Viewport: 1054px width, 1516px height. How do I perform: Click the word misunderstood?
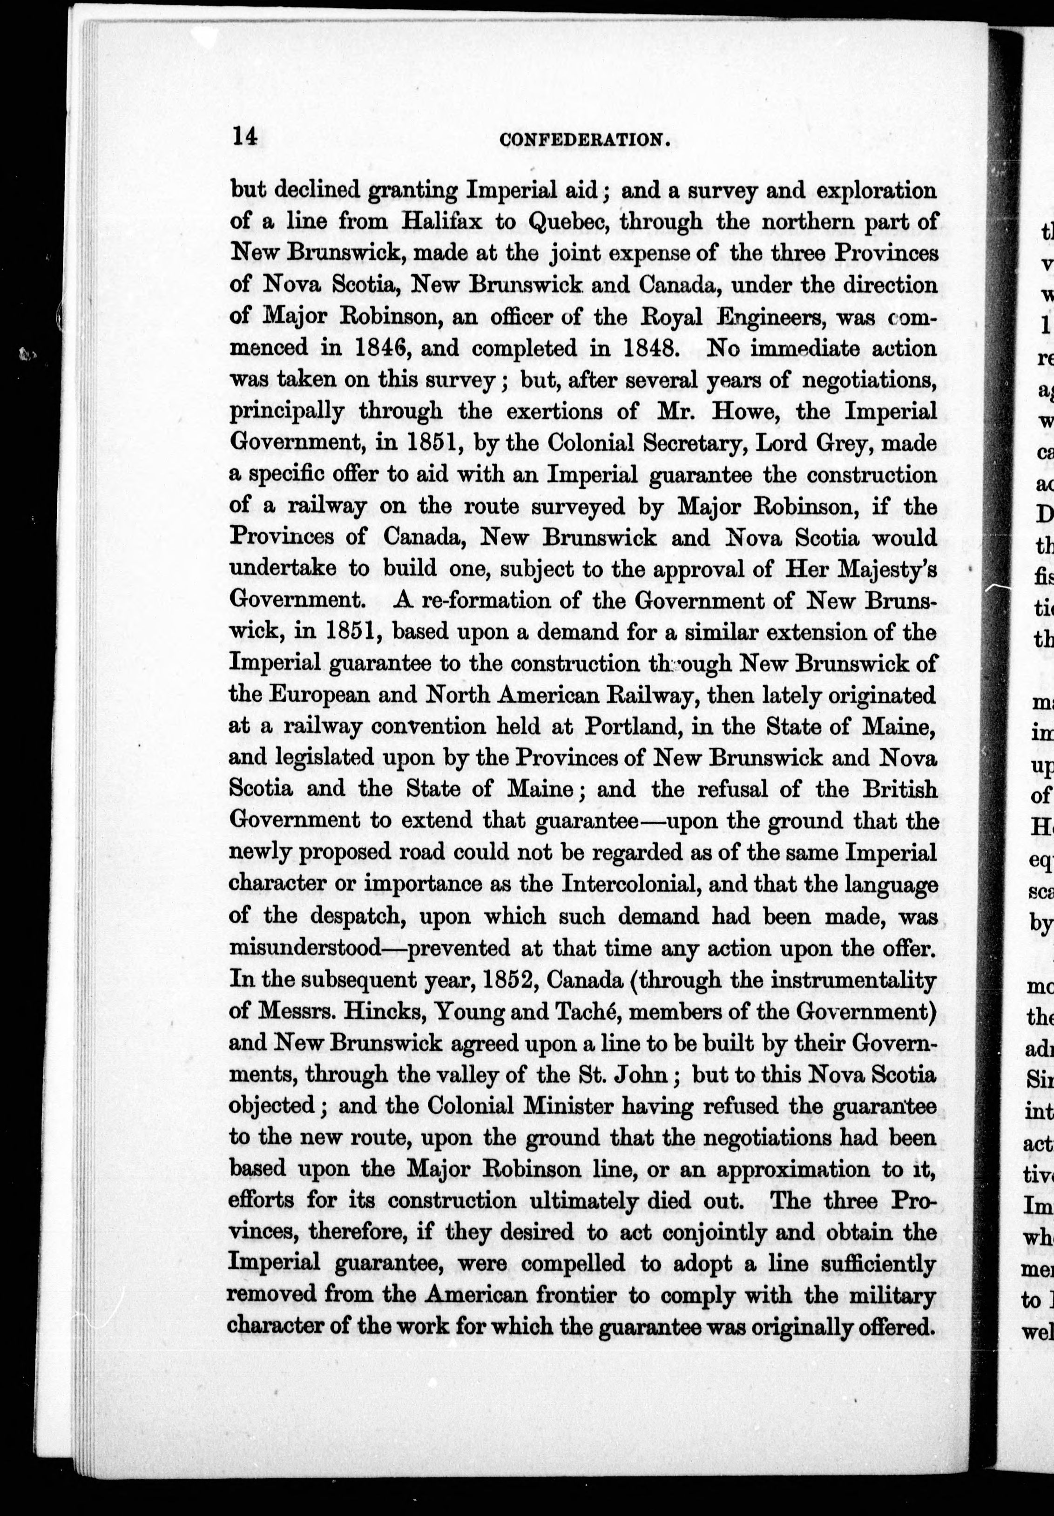304,947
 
